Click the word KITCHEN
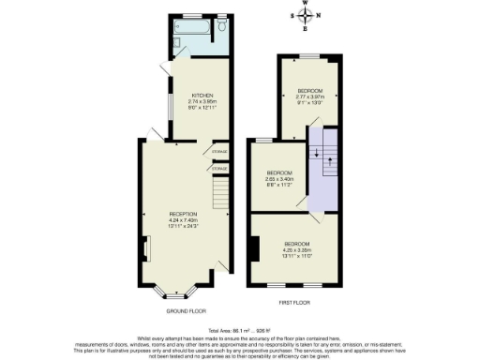click(x=203, y=96)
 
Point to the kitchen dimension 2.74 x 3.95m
click(x=203, y=101)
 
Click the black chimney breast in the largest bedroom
click(x=254, y=248)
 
